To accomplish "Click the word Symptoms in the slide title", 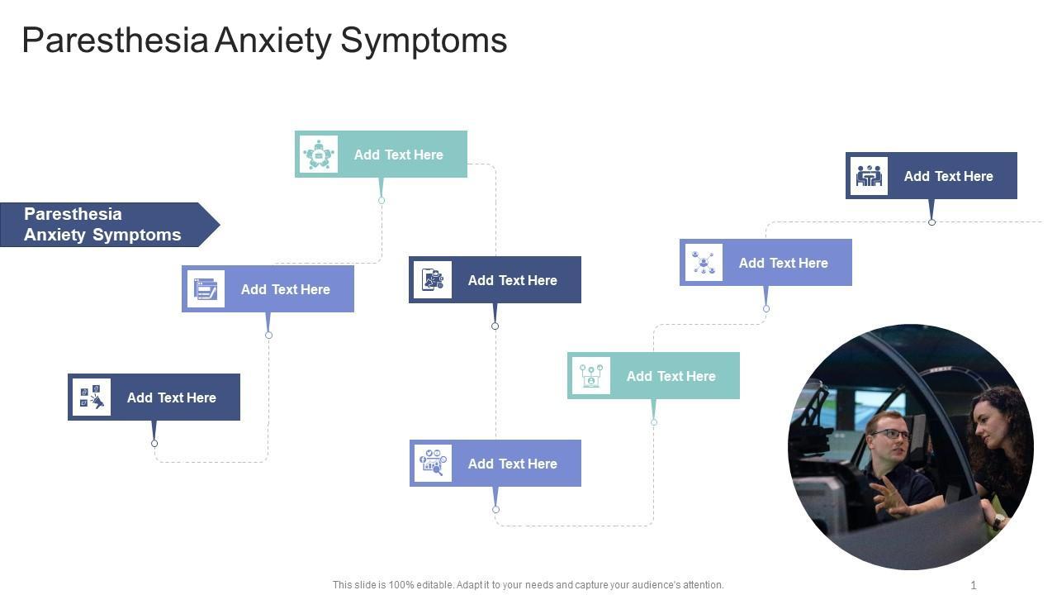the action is click(x=424, y=40).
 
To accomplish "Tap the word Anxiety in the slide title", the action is click(x=273, y=40).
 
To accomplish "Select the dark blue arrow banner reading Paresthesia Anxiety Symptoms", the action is click(x=110, y=225).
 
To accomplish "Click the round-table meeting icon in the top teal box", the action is click(x=319, y=154).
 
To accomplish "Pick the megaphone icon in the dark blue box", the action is click(x=92, y=397).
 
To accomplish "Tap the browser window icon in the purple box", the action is click(x=206, y=288).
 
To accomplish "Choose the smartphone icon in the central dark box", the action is click(x=432, y=279).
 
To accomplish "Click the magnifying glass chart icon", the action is click(x=433, y=463).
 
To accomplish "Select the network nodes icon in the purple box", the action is click(x=704, y=262).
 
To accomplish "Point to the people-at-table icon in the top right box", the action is click(x=869, y=176).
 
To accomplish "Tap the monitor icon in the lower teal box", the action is click(x=590, y=375).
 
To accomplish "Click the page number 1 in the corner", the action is click(x=974, y=585).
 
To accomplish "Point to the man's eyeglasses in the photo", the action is click(x=890, y=434).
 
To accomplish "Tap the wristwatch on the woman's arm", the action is click(x=998, y=521).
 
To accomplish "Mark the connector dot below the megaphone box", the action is click(x=154, y=444).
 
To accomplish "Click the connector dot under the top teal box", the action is click(x=382, y=201).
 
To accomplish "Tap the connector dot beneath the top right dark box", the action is click(x=931, y=222).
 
